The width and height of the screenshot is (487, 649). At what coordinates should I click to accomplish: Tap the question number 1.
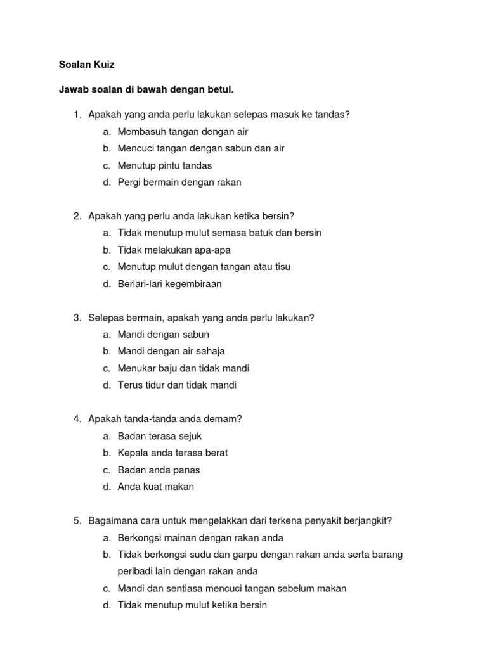pyautogui.click(x=77, y=115)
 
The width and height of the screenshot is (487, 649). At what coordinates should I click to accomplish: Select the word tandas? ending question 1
pyautogui.click(x=332, y=115)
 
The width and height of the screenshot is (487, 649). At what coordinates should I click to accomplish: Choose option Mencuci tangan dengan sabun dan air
pyautogui.click(x=201, y=148)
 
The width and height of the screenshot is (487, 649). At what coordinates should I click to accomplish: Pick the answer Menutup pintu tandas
pyautogui.click(x=165, y=165)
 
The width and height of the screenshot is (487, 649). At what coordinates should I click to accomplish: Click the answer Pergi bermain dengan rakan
pyautogui.click(x=179, y=183)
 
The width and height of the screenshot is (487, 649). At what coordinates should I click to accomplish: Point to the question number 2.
pyautogui.click(x=77, y=216)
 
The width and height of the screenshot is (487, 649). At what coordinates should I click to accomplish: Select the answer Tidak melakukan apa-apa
pyautogui.click(x=174, y=250)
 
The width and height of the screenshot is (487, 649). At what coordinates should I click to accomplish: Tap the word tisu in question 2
pyautogui.click(x=281, y=267)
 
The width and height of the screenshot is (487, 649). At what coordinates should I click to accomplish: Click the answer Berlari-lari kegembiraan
pyautogui.click(x=170, y=284)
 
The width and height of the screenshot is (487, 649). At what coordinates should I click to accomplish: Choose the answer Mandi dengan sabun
pyautogui.click(x=164, y=335)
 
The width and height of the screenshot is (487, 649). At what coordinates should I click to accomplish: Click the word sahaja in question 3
pyautogui.click(x=211, y=351)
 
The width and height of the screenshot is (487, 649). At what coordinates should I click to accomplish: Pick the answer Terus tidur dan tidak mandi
pyautogui.click(x=177, y=385)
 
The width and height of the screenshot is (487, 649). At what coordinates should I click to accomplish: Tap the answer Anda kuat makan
pyautogui.click(x=156, y=487)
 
